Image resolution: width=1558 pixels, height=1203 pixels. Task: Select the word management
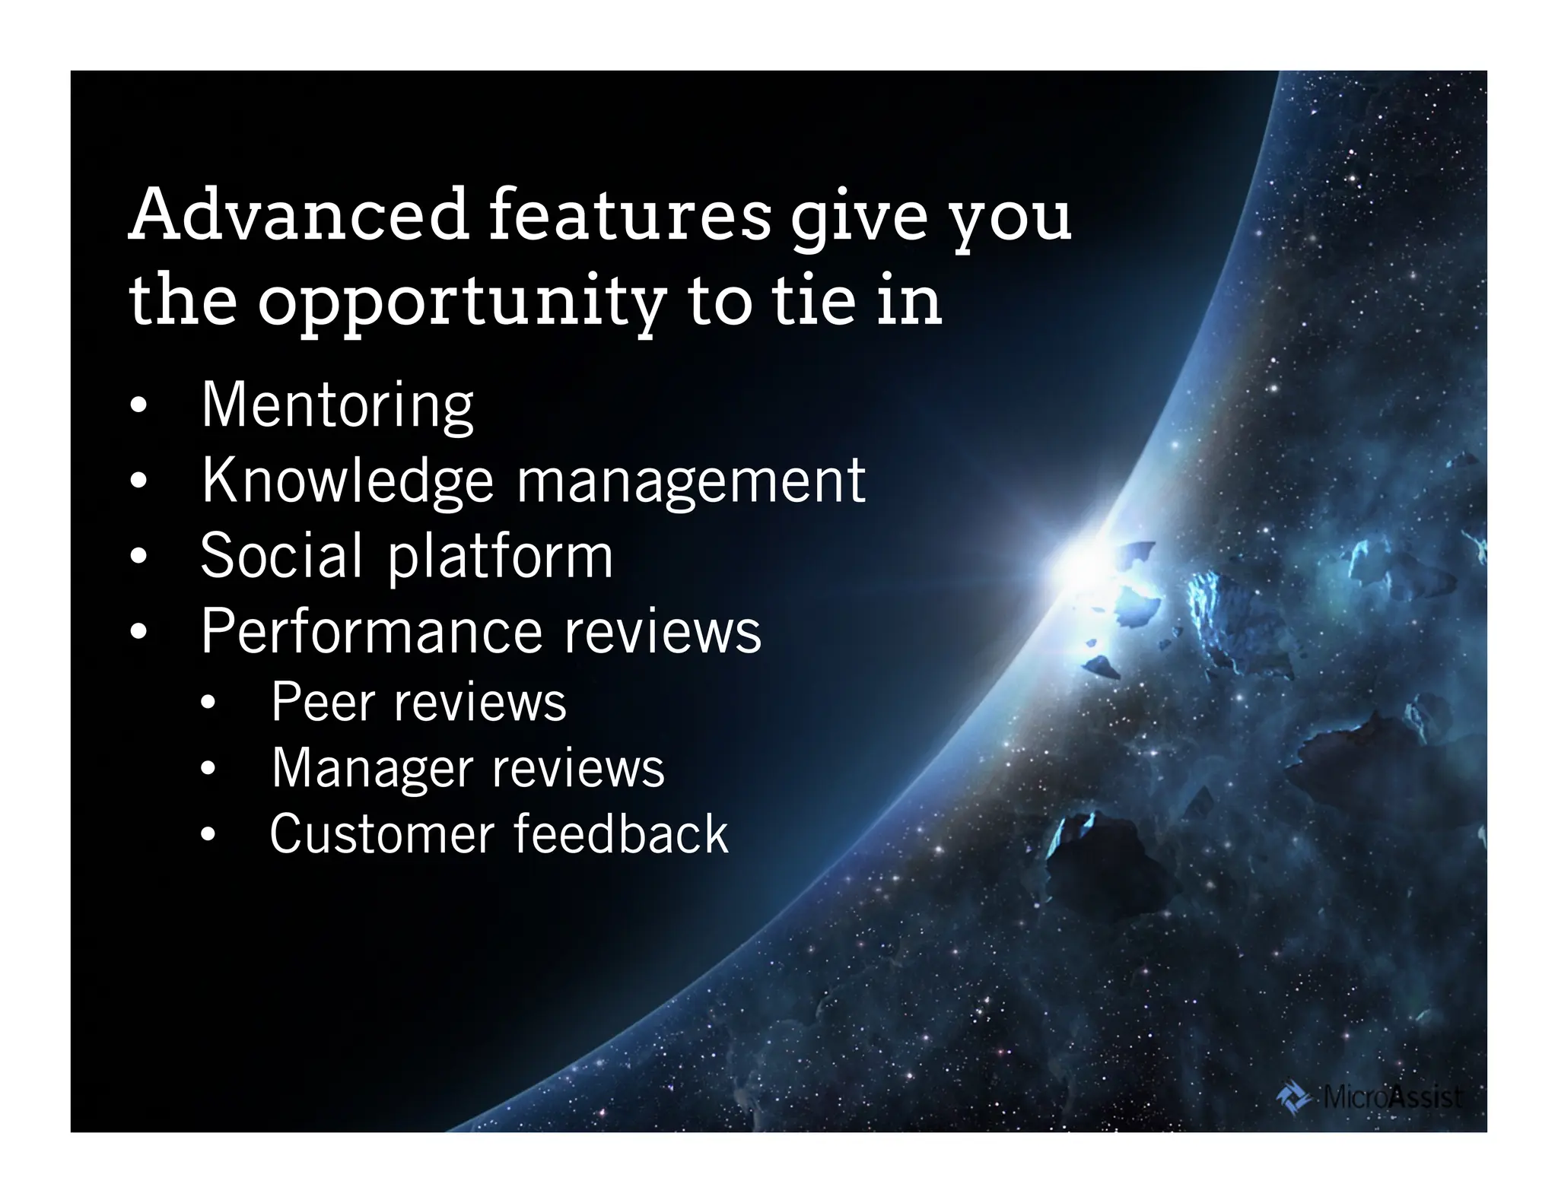[x=691, y=482]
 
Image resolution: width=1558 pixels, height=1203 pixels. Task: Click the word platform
[x=500, y=557]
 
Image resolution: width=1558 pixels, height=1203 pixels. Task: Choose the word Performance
[x=370, y=631]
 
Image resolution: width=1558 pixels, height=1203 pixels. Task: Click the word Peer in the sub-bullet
[x=322, y=702]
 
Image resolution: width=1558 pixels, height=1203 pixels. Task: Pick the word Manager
[x=372, y=769]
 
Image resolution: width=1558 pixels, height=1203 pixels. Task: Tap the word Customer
[x=382, y=834]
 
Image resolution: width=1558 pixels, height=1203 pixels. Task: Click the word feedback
[x=621, y=834]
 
